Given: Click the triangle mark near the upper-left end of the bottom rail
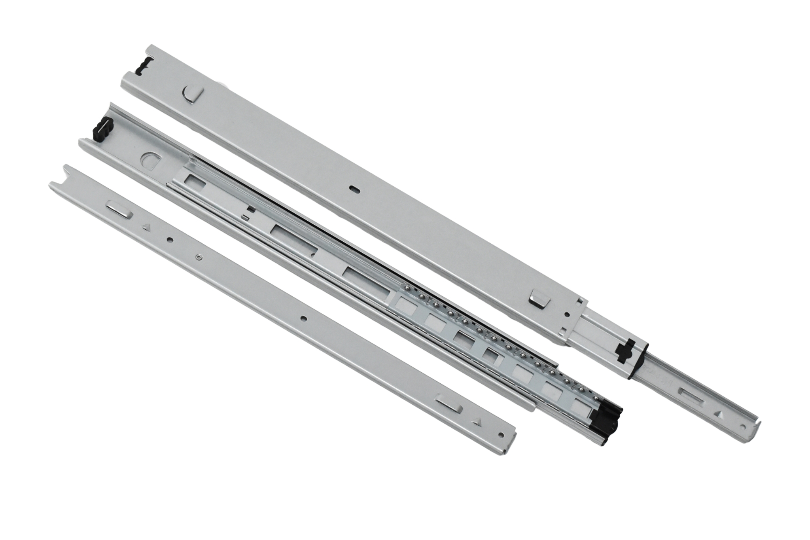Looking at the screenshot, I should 146,227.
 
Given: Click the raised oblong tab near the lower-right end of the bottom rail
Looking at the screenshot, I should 449,405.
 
